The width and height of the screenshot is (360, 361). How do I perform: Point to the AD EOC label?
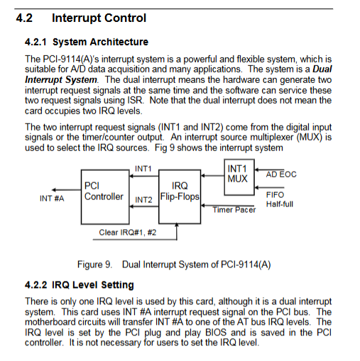(x=281, y=174)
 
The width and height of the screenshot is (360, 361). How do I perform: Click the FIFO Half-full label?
(x=280, y=199)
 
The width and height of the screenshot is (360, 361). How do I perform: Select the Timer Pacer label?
(x=234, y=210)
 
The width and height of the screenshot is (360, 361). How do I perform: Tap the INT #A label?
(x=52, y=199)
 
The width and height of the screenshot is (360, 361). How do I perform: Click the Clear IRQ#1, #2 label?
(x=128, y=233)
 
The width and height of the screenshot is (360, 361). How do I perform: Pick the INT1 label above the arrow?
(x=143, y=169)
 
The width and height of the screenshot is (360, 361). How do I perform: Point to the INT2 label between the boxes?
(x=143, y=200)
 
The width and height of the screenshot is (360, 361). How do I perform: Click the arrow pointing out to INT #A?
(x=66, y=190)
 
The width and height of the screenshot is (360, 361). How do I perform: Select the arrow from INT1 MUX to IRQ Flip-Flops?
(x=212, y=176)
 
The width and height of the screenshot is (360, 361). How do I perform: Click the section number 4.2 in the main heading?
(x=24, y=18)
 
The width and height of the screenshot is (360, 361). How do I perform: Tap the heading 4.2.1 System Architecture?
(x=87, y=42)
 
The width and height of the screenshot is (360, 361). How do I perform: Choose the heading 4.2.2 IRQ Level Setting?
(x=80, y=285)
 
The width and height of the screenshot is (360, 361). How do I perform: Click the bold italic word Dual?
(x=322, y=70)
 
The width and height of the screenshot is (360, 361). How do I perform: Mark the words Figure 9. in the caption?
(x=94, y=265)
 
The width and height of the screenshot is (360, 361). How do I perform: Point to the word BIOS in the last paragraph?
(x=216, y=333)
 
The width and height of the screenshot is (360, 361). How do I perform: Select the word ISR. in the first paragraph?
(x=136, y=101)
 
